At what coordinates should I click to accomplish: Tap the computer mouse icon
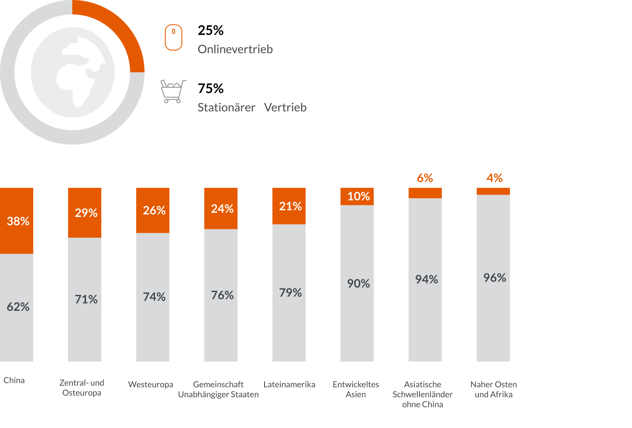(x=174, y=37)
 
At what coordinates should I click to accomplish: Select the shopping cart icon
(x=173, y=91)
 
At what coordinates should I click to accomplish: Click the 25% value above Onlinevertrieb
(x=211, y=30)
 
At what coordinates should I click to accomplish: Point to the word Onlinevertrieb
(x=235, y=49)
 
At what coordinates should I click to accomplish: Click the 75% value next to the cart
(x=211, y=89)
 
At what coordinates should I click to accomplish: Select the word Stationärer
(x=226, y=108)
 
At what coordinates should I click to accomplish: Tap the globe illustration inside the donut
(x=73, y=72)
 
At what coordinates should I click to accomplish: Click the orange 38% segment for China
(x=17, y=221)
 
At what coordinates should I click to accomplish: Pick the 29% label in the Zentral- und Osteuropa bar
(x=86, y=213)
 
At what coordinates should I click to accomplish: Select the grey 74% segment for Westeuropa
(x=153, y=297)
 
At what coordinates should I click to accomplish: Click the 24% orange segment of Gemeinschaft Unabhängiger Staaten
(x=221, y=208)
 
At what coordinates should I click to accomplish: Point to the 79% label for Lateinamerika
(x=290, y=293)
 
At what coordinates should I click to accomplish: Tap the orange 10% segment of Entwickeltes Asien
(x=357, y=197)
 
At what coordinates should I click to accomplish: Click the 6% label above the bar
(x=425, y=178)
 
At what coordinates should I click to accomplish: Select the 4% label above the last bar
(x=495, y=178)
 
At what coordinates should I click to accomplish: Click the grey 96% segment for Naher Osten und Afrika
(x=493, y=278)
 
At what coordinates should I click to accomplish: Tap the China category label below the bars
(x=14, y=380)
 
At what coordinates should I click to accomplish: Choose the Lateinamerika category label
(x=289, y=384)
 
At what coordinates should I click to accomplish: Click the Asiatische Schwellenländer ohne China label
(x=422, y=394)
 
